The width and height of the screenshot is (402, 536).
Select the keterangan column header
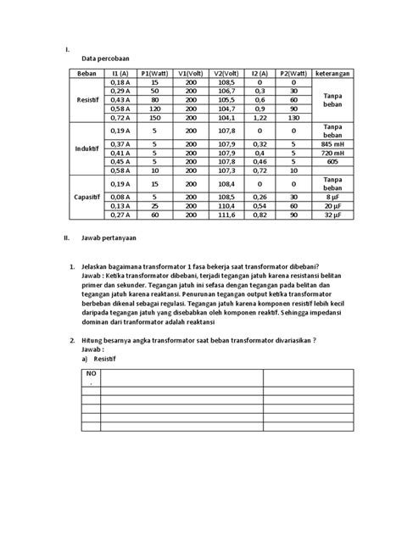pyautogui.click(x=332, y=74)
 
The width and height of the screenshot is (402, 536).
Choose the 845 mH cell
pyautogui.click(x=332, y=143)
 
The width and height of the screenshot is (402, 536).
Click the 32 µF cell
pyautogui.click(x=332, y=215)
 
